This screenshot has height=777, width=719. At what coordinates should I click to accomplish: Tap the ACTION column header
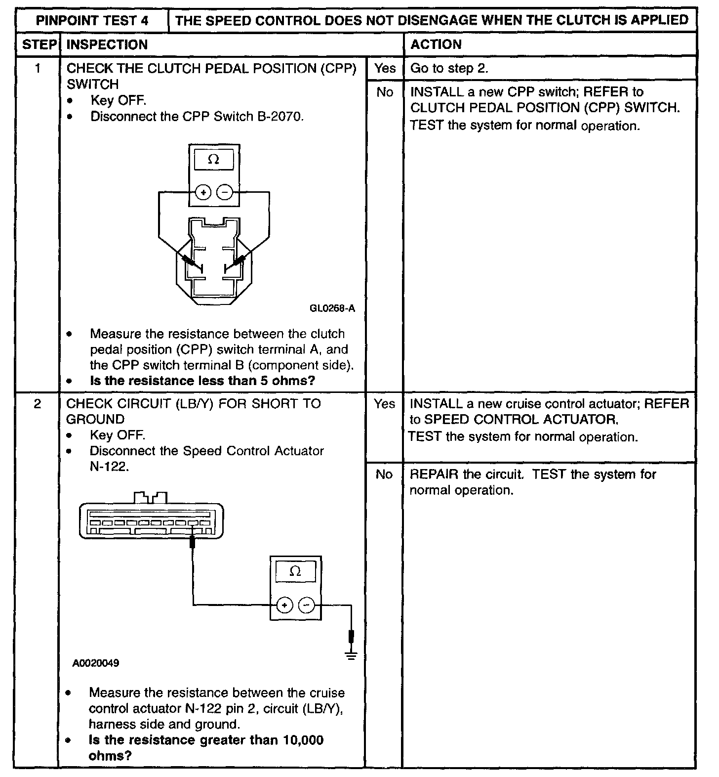[436, 44]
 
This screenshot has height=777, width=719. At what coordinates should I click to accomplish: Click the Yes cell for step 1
[385, 68]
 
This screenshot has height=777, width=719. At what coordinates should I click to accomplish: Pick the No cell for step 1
[385, 92]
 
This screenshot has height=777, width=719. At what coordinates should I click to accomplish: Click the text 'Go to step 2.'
[449, 68]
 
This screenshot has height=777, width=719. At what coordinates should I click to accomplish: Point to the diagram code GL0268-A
[332, 308]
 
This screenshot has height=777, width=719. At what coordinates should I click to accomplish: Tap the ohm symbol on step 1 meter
[214, 160]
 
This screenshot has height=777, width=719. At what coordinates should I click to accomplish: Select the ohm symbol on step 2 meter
[295, 571]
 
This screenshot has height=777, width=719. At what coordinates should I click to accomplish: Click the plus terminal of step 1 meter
[203, 192]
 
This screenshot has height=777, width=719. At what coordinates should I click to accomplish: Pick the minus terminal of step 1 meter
[225, 192]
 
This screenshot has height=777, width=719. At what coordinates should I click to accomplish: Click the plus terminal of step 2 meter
[285, 604]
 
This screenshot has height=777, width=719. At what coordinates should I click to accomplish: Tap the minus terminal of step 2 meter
[307, 604]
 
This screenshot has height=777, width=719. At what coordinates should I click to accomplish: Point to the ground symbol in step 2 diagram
[351, 656]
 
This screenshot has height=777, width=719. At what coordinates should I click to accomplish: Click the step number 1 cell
[38, 68]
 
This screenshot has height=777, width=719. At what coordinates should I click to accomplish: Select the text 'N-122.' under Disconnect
[109, 467]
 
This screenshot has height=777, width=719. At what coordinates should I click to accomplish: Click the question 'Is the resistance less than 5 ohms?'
[202, 381]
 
